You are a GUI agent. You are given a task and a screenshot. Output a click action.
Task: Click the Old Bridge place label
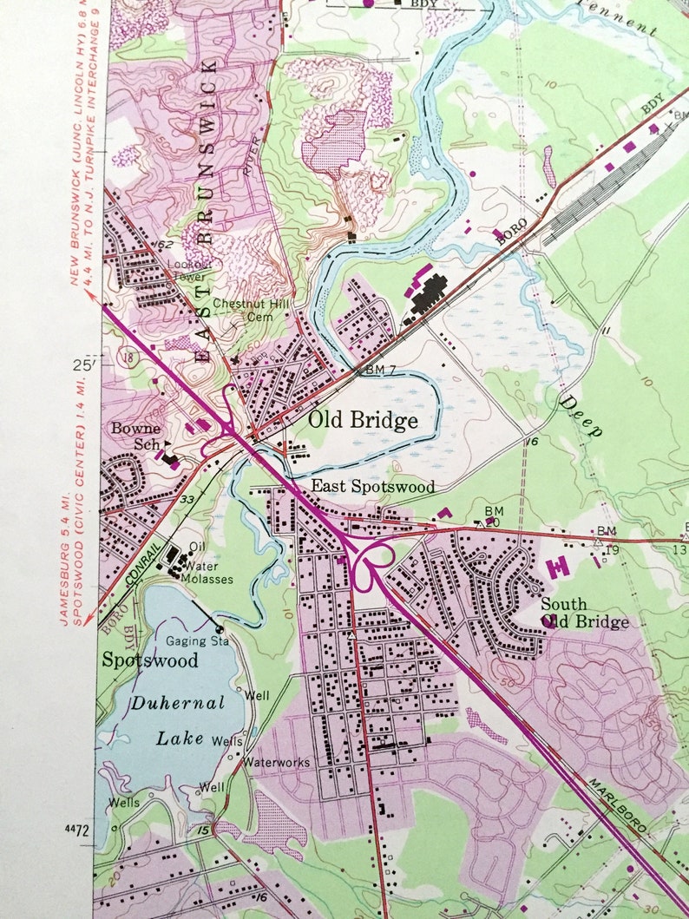[363, 421]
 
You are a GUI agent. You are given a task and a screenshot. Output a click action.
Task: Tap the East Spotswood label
[373, 487]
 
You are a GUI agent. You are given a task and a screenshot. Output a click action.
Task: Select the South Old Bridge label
[584, 613]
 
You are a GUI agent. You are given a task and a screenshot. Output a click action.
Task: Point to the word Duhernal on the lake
[178, 702]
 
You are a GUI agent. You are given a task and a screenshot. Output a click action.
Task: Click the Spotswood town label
[150, 660]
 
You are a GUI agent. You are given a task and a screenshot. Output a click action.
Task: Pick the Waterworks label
[276, 762]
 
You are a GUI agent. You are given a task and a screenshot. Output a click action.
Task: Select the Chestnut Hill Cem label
[255, 310]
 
